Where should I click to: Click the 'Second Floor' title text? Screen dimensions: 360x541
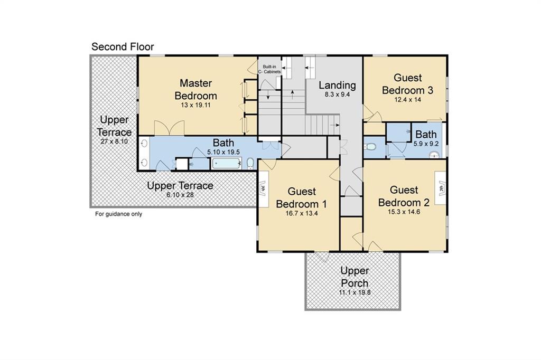123,46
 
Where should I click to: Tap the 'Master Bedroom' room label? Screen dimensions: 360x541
195,89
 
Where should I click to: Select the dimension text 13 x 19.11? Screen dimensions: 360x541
195,105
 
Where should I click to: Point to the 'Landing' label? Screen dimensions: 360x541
337,85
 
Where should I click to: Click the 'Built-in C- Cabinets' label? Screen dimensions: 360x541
269,69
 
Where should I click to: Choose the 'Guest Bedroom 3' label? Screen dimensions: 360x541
407,84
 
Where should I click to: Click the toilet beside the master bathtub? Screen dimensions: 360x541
250,163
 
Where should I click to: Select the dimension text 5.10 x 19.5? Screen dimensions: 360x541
223,152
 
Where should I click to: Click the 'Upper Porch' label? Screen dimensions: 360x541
355,277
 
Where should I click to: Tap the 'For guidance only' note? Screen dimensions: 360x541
118,214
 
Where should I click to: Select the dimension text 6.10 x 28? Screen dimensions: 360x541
180,195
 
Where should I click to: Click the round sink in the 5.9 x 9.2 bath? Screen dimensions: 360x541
435,155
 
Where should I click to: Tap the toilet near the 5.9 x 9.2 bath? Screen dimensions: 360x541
370,147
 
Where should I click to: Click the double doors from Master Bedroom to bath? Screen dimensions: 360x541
169,128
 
